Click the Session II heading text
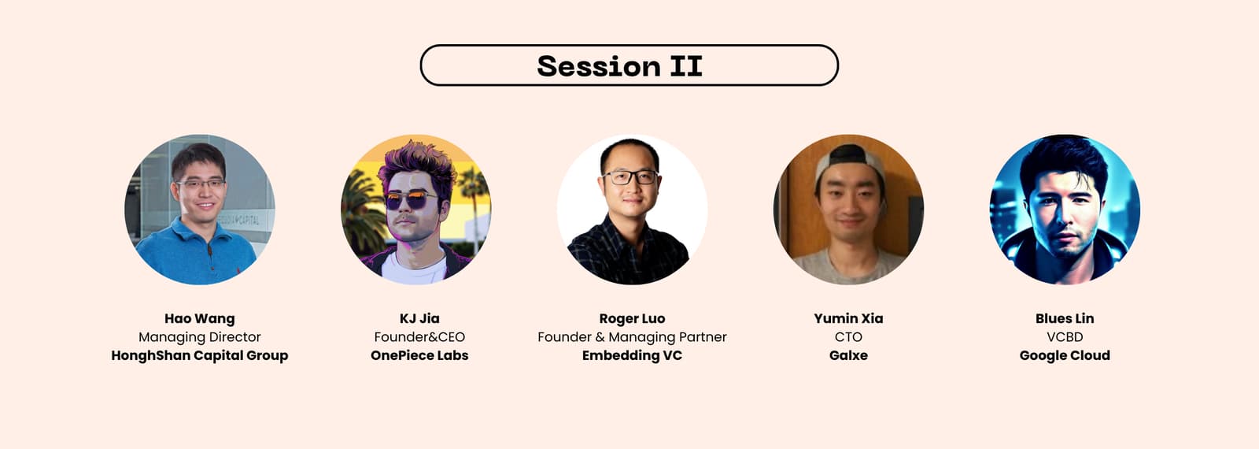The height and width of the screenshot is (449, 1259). [x=619, y=66]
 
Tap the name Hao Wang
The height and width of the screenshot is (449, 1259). [x=200, y=318]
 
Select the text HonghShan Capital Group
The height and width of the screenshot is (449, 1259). [x=200, y=355]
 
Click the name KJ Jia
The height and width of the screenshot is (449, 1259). [x=419, y=318]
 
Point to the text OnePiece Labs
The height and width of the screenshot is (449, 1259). [x=419, y=355]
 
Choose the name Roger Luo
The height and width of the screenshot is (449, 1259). [x=633, y=319]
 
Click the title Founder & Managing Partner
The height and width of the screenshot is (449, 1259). [x=633, y=337]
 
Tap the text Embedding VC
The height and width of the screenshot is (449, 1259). [x=633, y=355]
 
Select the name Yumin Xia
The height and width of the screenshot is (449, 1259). [x=849, y=318]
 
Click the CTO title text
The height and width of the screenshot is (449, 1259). [x=849, y=337]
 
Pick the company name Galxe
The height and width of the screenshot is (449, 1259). [x=849, y=355]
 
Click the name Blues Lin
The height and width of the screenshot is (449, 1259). [x=1065, y=318]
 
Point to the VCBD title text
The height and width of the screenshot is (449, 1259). [x=1065, y=337]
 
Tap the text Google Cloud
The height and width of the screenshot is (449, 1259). [x=1065, y=355]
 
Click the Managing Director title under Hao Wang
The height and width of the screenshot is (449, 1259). [x=200, y=337]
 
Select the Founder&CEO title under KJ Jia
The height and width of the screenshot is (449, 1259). [x=419, y=337]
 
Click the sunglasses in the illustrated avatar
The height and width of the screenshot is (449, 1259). [x=411, y=200]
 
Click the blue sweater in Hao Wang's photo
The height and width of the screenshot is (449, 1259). [x=194, y=256]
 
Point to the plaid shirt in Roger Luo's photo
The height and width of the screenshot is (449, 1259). [x=626, y=253]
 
